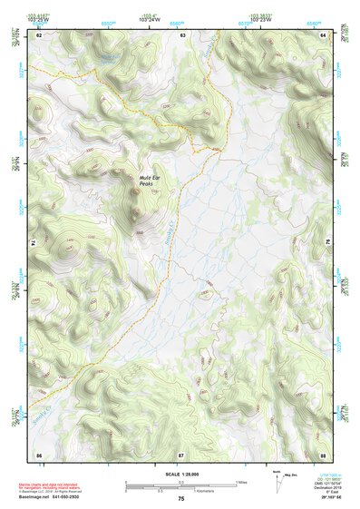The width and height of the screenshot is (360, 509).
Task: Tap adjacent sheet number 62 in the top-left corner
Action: (x=39, y=34)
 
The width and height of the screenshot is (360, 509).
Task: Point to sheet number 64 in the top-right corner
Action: (x=323, y=34)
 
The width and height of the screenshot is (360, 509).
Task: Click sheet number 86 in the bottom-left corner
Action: (x=39, y=453)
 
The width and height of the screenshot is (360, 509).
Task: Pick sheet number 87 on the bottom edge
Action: (x=181, y=453)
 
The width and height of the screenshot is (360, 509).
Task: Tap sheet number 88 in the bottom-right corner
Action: (x=323, y=453)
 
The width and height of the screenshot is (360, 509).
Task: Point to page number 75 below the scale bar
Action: (x=181, y=499)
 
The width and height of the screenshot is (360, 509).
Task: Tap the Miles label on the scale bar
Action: (x=240, y=482)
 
